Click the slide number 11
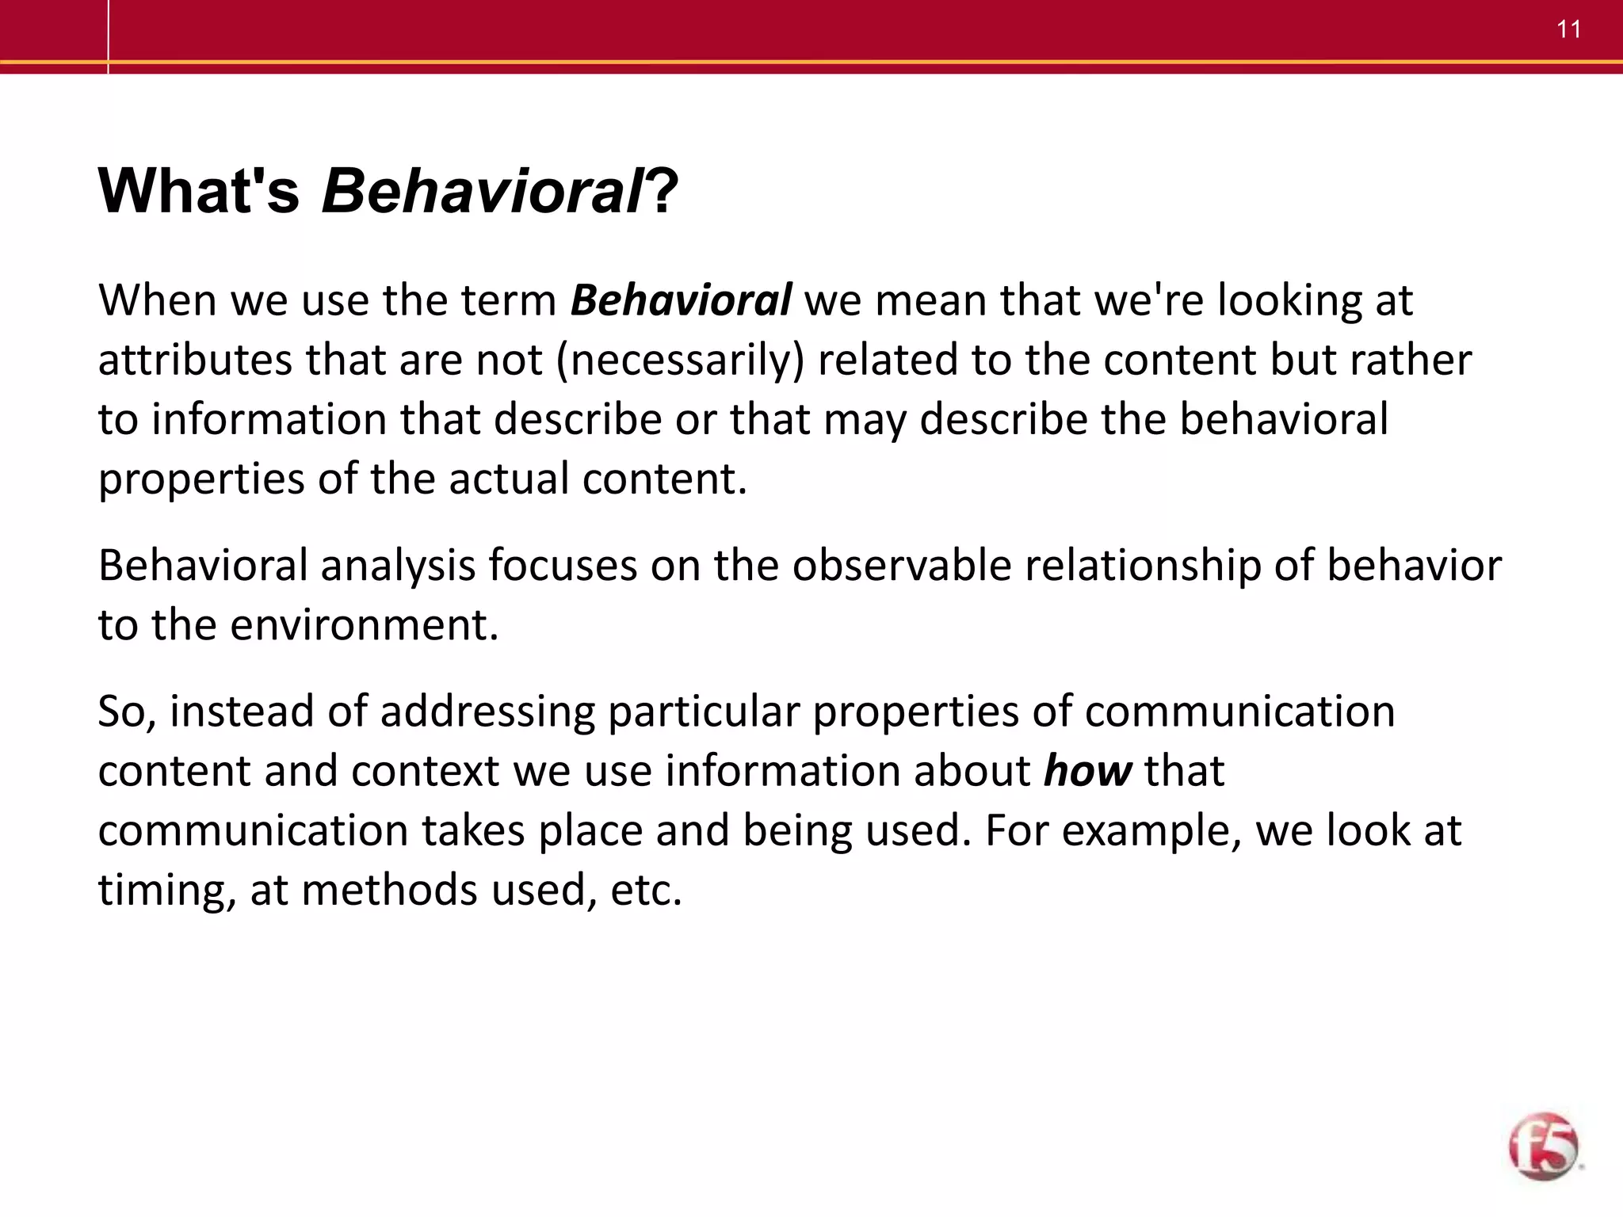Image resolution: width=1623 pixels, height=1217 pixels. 1568,30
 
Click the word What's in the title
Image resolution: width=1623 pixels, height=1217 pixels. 199,191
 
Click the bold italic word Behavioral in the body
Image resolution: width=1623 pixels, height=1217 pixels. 680,301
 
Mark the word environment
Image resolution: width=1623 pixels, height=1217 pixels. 364,625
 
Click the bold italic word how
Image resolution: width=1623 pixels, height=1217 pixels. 1087,771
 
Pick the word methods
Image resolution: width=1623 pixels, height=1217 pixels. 390,890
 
